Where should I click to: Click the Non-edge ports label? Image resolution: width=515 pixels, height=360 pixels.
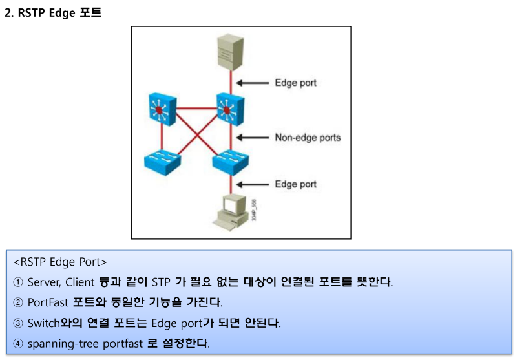[308, 138]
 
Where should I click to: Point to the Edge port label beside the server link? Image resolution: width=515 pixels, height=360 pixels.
[295, 83]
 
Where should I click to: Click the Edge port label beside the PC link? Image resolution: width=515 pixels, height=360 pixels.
[295, 184]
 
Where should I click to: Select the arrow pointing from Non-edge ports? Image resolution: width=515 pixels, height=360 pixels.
[253, 138]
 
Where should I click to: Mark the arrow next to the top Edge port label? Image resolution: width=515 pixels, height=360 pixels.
[253, 83]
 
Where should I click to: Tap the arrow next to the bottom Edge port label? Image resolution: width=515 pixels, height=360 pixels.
[253, 184]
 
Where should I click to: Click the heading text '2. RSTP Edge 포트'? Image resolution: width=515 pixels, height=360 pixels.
[53, 13]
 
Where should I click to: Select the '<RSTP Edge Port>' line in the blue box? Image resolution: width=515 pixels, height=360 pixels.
[60, 262]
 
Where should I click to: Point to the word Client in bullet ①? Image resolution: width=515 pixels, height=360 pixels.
[79, 282]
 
